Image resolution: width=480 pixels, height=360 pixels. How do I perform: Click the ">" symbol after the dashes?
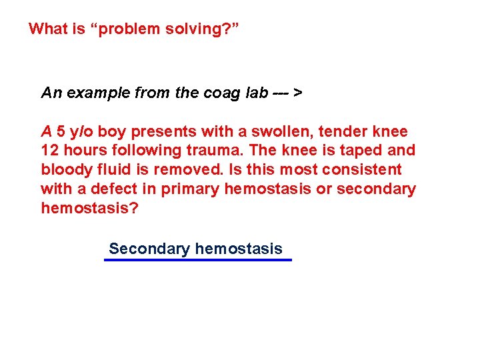point(297,93)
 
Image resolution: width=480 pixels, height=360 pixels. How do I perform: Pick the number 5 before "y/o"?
point(61,132)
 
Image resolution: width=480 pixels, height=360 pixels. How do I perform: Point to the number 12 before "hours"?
point(50,151)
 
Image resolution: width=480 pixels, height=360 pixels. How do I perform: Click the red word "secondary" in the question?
point(376,189)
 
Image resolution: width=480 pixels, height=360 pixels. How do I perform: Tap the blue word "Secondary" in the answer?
point(149,249)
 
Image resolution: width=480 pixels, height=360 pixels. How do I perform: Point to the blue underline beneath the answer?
point(198,260)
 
